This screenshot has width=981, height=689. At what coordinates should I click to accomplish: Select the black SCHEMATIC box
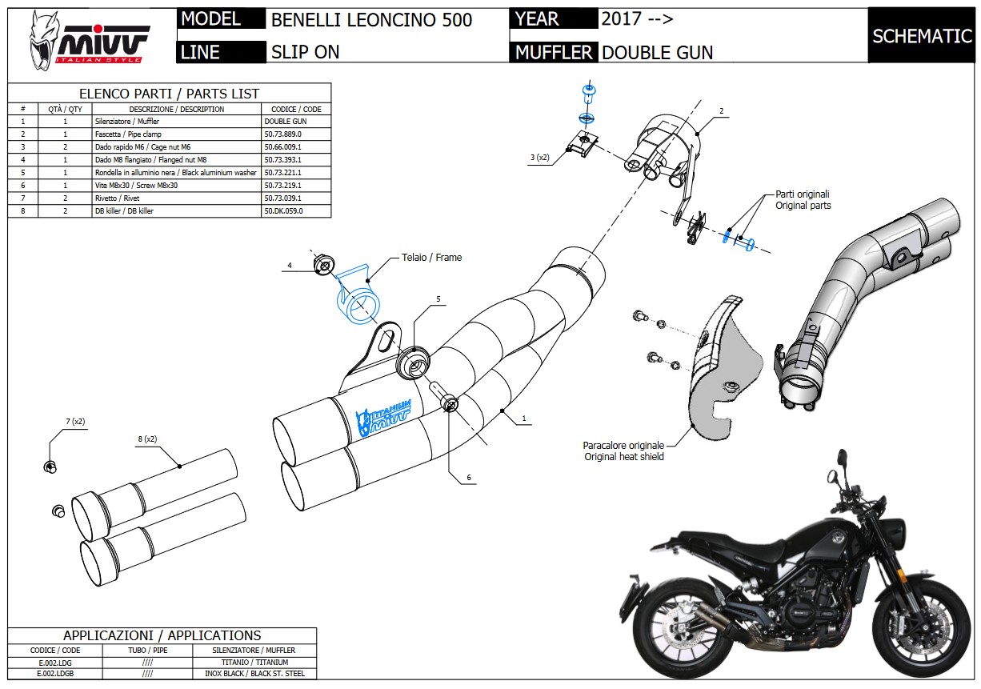tap(922, 36)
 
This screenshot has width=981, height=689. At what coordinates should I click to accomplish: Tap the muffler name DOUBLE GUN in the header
tap(657, 52)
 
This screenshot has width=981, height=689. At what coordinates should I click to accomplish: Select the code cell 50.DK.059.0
tap(284, 211)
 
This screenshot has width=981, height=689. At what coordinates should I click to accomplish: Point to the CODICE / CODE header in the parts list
tap(296, 109)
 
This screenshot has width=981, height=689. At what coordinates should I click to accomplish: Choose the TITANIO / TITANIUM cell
tap(254, 663)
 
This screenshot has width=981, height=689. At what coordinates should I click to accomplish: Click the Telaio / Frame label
tap(437, 258)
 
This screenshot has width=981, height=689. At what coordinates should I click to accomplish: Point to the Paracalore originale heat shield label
tap(623, 451)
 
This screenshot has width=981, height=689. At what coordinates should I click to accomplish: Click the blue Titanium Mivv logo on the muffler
tap(387, 414)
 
